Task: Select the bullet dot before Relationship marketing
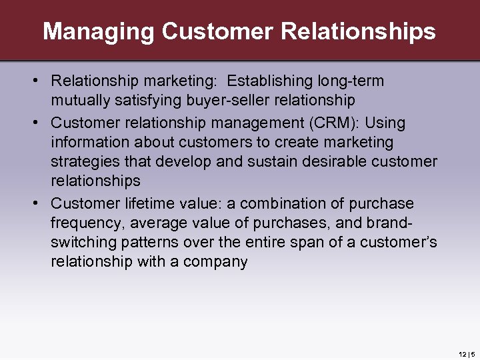point(41,81)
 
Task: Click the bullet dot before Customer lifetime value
point(41,203)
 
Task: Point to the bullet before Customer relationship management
point(41,123)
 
